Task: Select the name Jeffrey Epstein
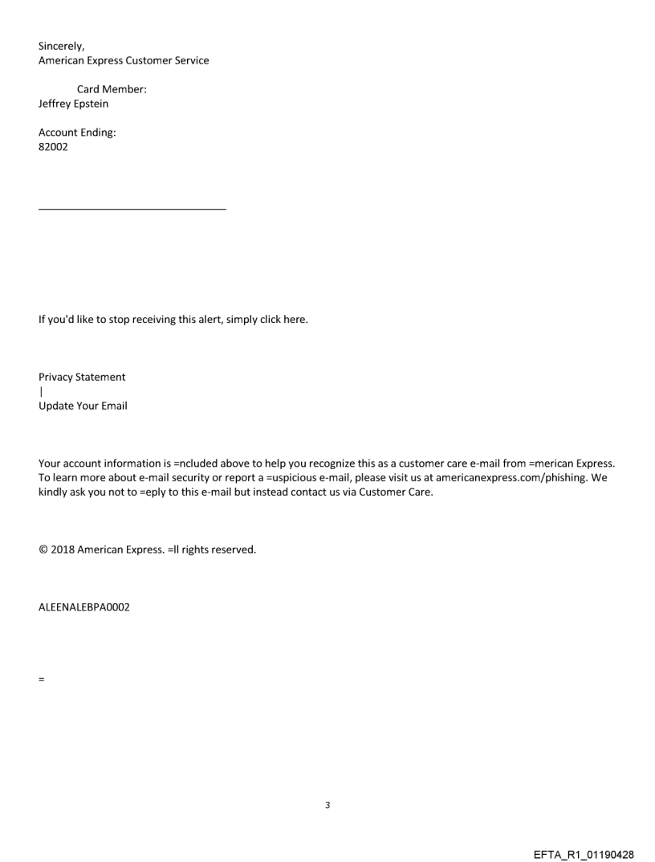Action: [x=73, y=104]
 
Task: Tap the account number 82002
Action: [x=53, y=147]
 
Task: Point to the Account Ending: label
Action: [x=77, y=133]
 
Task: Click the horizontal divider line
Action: [x=132, y=210]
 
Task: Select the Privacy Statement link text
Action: [x=82, y=377]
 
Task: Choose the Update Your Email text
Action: [x=83, y=406]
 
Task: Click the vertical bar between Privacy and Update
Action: [x=40, y=391]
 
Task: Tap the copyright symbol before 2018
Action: [x=43, y=550]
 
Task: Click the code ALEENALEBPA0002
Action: [x=84, y=608]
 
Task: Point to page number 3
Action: [x=327, y=804]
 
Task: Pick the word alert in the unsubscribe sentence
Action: [x=204, y=319]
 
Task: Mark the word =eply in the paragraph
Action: [x=130, y=492]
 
